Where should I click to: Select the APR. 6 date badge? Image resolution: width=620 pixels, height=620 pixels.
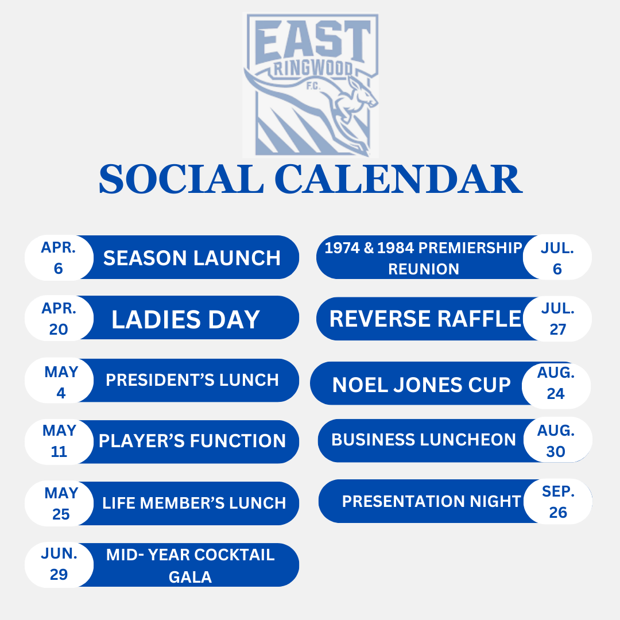coord(59,257)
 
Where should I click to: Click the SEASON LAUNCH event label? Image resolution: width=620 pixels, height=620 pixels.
coord(192,258)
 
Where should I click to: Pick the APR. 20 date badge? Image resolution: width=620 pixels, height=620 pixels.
coord(59,319)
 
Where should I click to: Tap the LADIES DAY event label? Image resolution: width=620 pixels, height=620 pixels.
coord(185,319)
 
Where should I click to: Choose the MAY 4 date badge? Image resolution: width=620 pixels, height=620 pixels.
coord(60,382)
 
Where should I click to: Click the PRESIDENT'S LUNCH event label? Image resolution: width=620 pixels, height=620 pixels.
coord(192,380)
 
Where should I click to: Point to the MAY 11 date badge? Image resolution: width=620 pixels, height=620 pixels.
coord(59,441)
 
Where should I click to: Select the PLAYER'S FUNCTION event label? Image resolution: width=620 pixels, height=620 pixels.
coord(192,441)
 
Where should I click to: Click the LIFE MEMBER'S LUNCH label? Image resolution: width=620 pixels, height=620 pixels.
coord(194,503)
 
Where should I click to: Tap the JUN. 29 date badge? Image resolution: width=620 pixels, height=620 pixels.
coord(59,564)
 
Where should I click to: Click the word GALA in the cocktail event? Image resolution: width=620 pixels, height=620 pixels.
coord(190,576)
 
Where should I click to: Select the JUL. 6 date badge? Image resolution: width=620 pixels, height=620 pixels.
coord(557,258)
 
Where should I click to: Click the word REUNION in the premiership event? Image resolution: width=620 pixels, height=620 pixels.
coord(424,269)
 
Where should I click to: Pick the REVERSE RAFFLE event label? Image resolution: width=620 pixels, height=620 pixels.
coord(425,319)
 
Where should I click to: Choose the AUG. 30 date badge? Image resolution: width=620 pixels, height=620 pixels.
coord(556,441)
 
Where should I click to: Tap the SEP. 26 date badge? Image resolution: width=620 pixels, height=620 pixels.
coord(558,502)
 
